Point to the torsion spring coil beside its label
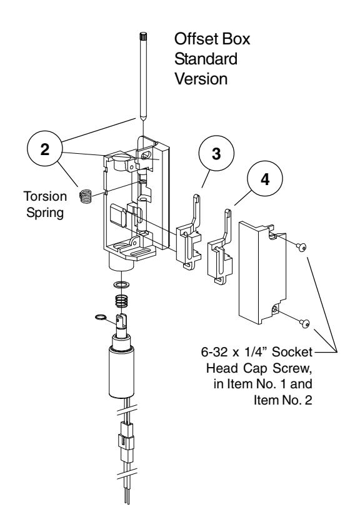pyautogui.click(x=86, y=196)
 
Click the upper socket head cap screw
pyautogui.click(x=302, y=248)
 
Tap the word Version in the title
pyautogui.click(x=197, y=81)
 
